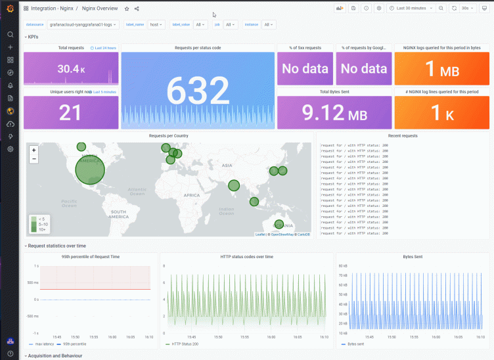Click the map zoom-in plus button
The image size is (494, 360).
34,150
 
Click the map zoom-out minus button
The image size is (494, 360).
34,159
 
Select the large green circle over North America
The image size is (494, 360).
89,169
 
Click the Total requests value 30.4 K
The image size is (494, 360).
71,69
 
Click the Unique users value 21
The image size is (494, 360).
70,112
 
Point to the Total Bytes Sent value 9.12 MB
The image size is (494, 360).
334,113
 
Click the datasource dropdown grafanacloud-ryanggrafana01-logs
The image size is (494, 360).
83,24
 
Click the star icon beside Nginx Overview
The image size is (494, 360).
127,9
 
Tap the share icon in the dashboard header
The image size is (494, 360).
137,9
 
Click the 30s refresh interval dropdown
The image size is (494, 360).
467,8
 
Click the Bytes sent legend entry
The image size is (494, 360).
356,344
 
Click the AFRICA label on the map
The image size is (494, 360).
191,195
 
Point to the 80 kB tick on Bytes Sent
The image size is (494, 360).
342,266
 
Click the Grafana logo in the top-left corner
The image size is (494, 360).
10,9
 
